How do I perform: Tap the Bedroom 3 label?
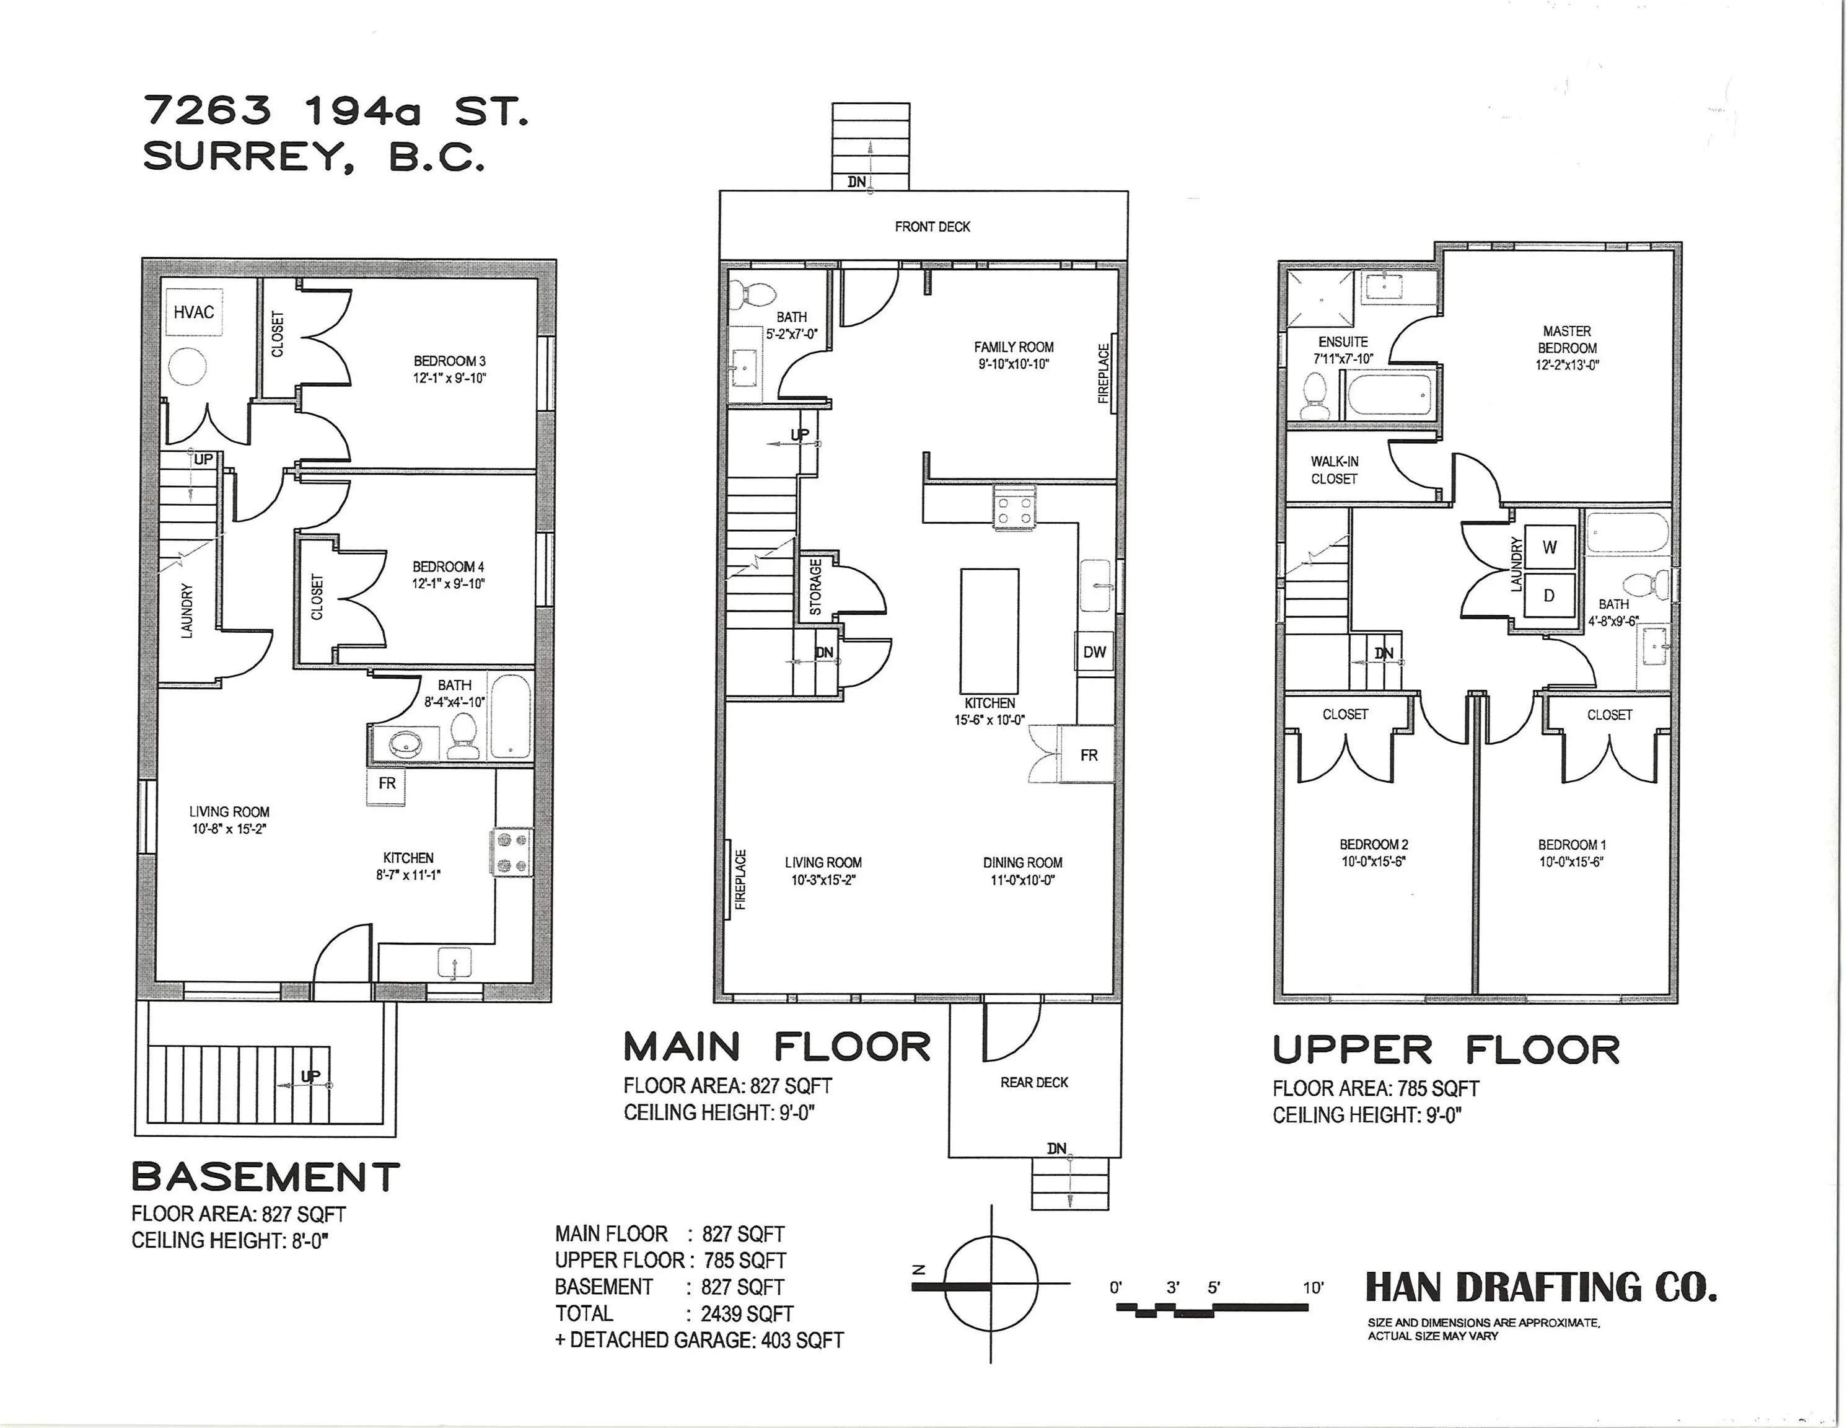(449, 361)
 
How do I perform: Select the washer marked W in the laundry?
(1550, 547)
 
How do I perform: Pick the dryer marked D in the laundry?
(1550, 596)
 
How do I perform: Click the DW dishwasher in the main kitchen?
(1094, 652)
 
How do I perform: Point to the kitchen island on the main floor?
(989, 631)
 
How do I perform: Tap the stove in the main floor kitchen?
(1014, 507)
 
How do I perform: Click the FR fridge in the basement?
(387, 784)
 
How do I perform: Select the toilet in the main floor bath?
(753, 294)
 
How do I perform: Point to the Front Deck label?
(932, 227)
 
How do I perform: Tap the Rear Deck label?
(1033, 1083)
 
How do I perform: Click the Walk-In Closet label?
(1335, 470)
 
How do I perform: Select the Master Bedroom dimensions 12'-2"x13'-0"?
(1567, 366)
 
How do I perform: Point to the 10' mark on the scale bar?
(1312, 1289)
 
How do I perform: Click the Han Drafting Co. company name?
(1541, 1287)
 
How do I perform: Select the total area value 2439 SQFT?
(747, 1314)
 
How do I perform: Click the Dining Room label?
(1022, 863)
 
